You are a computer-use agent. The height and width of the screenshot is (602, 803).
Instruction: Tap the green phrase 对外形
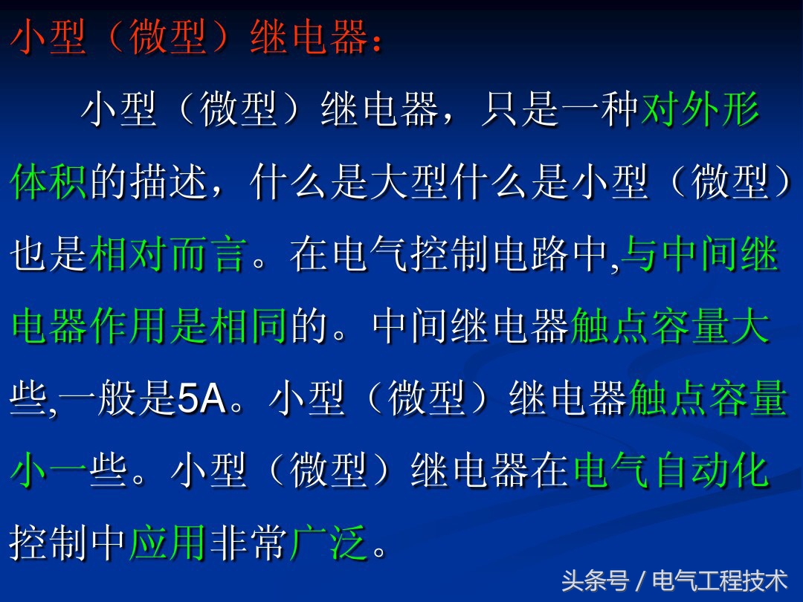click(700, 111)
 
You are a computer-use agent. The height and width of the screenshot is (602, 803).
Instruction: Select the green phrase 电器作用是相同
click(149, 328)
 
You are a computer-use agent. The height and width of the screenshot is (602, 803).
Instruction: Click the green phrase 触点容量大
click(669, 328)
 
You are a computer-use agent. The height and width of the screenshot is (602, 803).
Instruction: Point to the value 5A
click(201, 401)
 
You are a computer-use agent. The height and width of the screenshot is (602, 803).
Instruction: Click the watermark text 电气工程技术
click(719, 580)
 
